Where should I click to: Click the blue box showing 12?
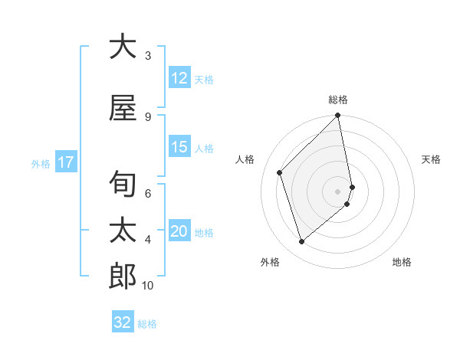179,78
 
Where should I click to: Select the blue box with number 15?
179,148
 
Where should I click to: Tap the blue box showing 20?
179,232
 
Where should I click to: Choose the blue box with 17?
66,162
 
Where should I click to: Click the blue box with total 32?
123,322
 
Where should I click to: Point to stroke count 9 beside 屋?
147,117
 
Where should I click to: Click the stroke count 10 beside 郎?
148,286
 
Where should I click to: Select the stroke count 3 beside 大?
147,56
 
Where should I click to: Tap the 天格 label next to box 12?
204,79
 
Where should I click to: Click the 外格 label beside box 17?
41,163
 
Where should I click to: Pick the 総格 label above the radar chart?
338,100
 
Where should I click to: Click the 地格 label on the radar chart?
402,262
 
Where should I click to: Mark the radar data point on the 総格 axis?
338,116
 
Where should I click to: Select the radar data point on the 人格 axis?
280,172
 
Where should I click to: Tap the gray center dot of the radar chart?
338,191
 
